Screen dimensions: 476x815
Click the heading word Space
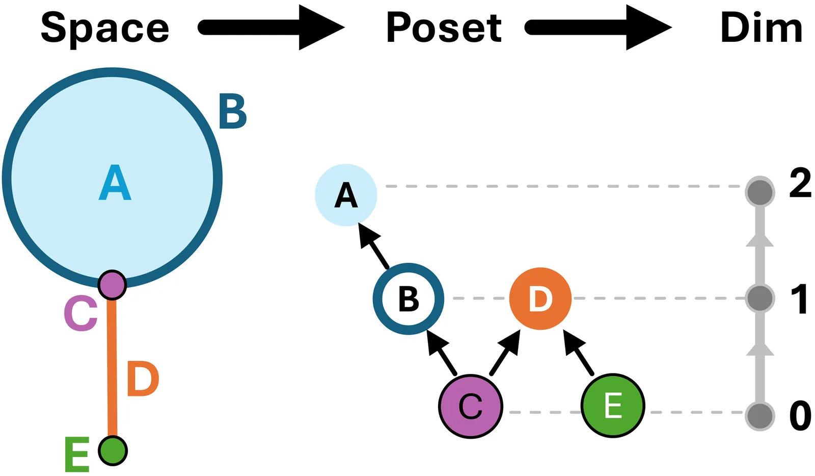point(104,28)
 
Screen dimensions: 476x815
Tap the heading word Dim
point(761,28)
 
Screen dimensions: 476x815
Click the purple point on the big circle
point(112,285)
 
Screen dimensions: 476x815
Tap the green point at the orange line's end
point(113,450)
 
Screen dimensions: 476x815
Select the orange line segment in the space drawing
point(112,367)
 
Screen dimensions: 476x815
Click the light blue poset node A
point(346,195)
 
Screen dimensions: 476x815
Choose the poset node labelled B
point(409,299)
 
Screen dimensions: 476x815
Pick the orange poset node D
point(540,298)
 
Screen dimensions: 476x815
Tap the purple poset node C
point(471,406)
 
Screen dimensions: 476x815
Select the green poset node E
point(613,406)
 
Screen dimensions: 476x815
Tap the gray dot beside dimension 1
point(759,298)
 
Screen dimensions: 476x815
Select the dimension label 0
point(800,415)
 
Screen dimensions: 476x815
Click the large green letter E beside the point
point(77,454)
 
